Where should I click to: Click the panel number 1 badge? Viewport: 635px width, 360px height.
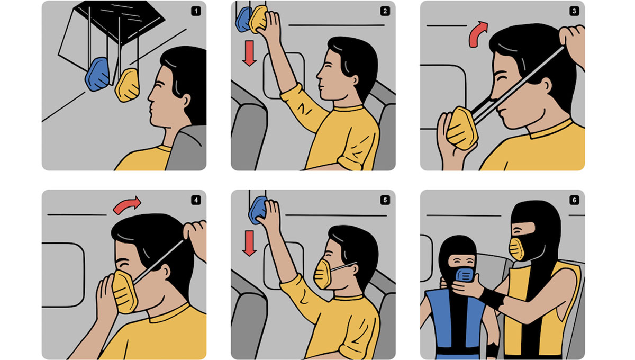[196, 11]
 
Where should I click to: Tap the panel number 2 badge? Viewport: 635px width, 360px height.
[385, 11]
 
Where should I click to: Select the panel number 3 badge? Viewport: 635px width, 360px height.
[574, 11]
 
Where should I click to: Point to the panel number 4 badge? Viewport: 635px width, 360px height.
[196, 200]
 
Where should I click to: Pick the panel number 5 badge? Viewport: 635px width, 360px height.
[385, 200]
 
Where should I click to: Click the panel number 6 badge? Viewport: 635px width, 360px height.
[574, 200]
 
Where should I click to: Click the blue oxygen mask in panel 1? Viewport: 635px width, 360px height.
[97, 74]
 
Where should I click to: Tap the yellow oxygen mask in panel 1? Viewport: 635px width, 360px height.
[128, 85]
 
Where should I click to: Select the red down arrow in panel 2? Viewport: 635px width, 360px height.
[249, 53]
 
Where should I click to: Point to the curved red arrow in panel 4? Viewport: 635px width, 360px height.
[126, 205]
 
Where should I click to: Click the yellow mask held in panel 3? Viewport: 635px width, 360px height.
[462, 129]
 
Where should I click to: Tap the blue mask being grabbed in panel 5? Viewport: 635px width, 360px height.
[258, 210]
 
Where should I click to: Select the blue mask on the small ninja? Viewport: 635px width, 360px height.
[465, 275]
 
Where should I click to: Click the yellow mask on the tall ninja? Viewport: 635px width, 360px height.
[517, 249]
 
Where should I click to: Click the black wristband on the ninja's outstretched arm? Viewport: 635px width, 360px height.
[492, 299]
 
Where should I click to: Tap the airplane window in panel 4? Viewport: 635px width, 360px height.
[63, 275]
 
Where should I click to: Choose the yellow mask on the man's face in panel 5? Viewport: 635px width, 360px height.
[323, 274]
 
